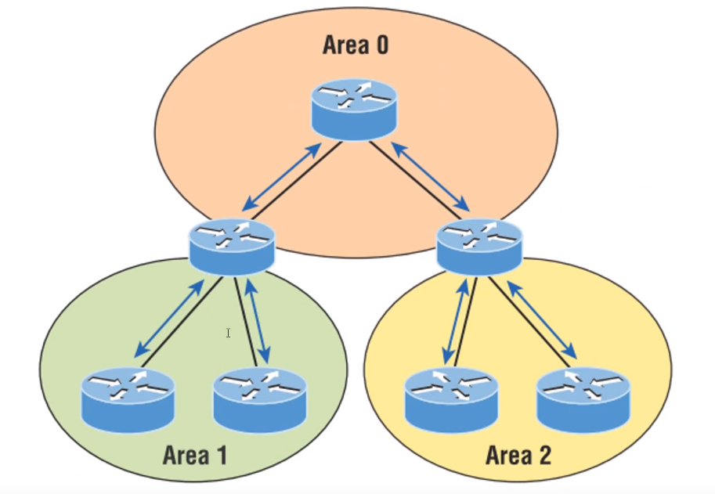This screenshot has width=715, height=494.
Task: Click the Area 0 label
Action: coord(356,45)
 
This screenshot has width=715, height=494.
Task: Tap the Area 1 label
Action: coord(195,455)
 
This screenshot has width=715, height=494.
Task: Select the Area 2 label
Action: coord(518,455)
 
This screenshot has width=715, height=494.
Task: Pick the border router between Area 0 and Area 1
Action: coord(233,246)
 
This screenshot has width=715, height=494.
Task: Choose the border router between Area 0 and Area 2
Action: coord(478,246)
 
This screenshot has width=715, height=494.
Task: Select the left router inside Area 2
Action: coord(451,399)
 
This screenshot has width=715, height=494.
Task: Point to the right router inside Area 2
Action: coord(583,399)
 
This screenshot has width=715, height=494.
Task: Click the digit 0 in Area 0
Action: coord(381,45)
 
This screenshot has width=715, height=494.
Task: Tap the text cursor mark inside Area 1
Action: coord(228,334)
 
